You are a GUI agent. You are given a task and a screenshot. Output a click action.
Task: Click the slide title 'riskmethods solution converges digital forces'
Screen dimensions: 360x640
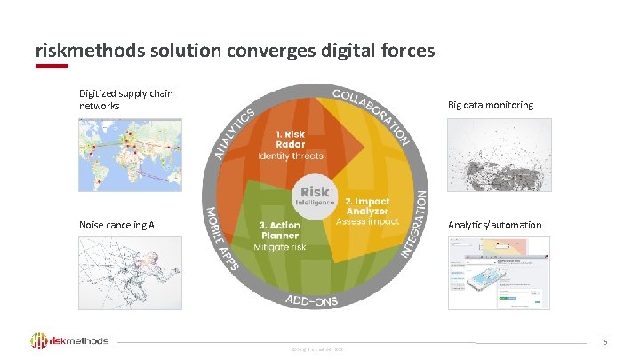(235, 51)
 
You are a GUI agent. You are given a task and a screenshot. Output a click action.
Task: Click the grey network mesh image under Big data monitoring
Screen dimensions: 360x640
(500, 156)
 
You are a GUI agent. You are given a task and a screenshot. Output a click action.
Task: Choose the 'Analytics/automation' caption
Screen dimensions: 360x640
(495, 225)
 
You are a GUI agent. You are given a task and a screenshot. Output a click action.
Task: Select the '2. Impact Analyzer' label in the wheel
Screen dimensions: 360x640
(367, 207)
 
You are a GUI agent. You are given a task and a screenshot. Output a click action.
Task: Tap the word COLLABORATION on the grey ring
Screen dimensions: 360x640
(372, 115)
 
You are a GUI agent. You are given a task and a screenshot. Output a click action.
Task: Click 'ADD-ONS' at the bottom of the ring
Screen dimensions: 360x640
(311, 300)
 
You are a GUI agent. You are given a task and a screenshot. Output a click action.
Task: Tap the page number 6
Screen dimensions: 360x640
(605, 342)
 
